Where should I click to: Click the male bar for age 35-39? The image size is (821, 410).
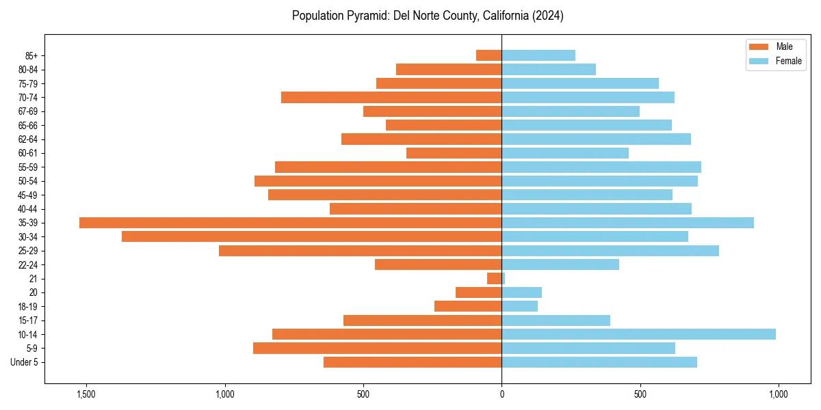pyautogui.click(x=291, y=223)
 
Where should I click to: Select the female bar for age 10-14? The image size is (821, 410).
pyautogui.click(x=638, y=334)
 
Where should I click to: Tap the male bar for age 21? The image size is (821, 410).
pyautogui.click(x=495, y=279)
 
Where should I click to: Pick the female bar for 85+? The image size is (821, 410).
pyautogui.click(x=538, y=55)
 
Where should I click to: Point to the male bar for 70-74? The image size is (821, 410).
pyautogui.click(x=391, y=97)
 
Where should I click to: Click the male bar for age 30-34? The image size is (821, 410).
pyautogui.click(x=312, y=236)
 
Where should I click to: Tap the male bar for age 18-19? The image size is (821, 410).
pyautogui.click(x=468, y=306)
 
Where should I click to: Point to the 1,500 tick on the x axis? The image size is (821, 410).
pyautogui.click(x=87, y=394)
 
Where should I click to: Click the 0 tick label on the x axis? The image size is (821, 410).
pyautogui.click(x=501, y=394)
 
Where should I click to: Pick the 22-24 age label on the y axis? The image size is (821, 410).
pyautogui.click(x=28, y=264)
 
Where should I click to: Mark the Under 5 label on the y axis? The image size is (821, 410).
pyautogui.click(x=24, y=362)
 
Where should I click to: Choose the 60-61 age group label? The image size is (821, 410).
pyautogui.click(x=28, y=153)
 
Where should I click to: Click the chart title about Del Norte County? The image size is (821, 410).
pyautogui.click(x=428, y=16)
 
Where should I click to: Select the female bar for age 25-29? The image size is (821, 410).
pyautogui.click(x=610, y=251)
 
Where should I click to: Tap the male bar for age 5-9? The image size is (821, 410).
pyautogui.click(x=378, y=348)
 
